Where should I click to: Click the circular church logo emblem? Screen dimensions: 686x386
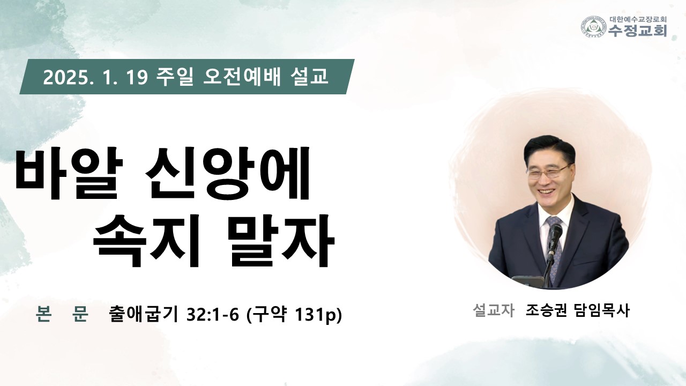pos(594,27)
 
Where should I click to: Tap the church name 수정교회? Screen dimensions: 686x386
pos(637,31)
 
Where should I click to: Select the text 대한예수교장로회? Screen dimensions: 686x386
pos(637,19)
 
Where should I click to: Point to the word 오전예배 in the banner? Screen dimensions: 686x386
pos(242,77)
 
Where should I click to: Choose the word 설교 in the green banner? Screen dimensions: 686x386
pos(308,77)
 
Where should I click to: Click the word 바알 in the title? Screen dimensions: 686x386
pos(69,173)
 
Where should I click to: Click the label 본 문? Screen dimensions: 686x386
pos(62,314)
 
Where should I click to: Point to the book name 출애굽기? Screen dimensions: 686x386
pos(143,314)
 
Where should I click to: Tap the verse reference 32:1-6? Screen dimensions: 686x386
pos(213,315)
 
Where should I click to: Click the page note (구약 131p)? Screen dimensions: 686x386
pos(294,315)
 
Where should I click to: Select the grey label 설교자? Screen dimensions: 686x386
pos(494,310)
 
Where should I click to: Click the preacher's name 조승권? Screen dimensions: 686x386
pos(546,310)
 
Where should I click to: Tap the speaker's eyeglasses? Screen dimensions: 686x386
pos(548,172)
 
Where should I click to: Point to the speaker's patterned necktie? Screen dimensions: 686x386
pos(555,245)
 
